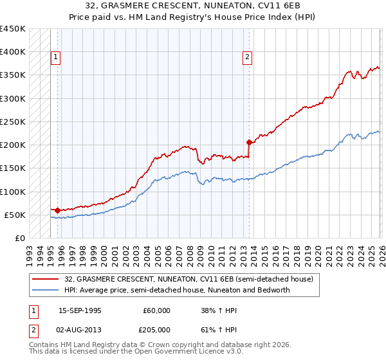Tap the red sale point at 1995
[57, 210]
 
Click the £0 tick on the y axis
[20, 238]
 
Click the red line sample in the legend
[46, 280]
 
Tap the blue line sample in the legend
[46, 290]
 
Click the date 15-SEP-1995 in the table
[80, 310]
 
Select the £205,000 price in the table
[156, 329]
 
